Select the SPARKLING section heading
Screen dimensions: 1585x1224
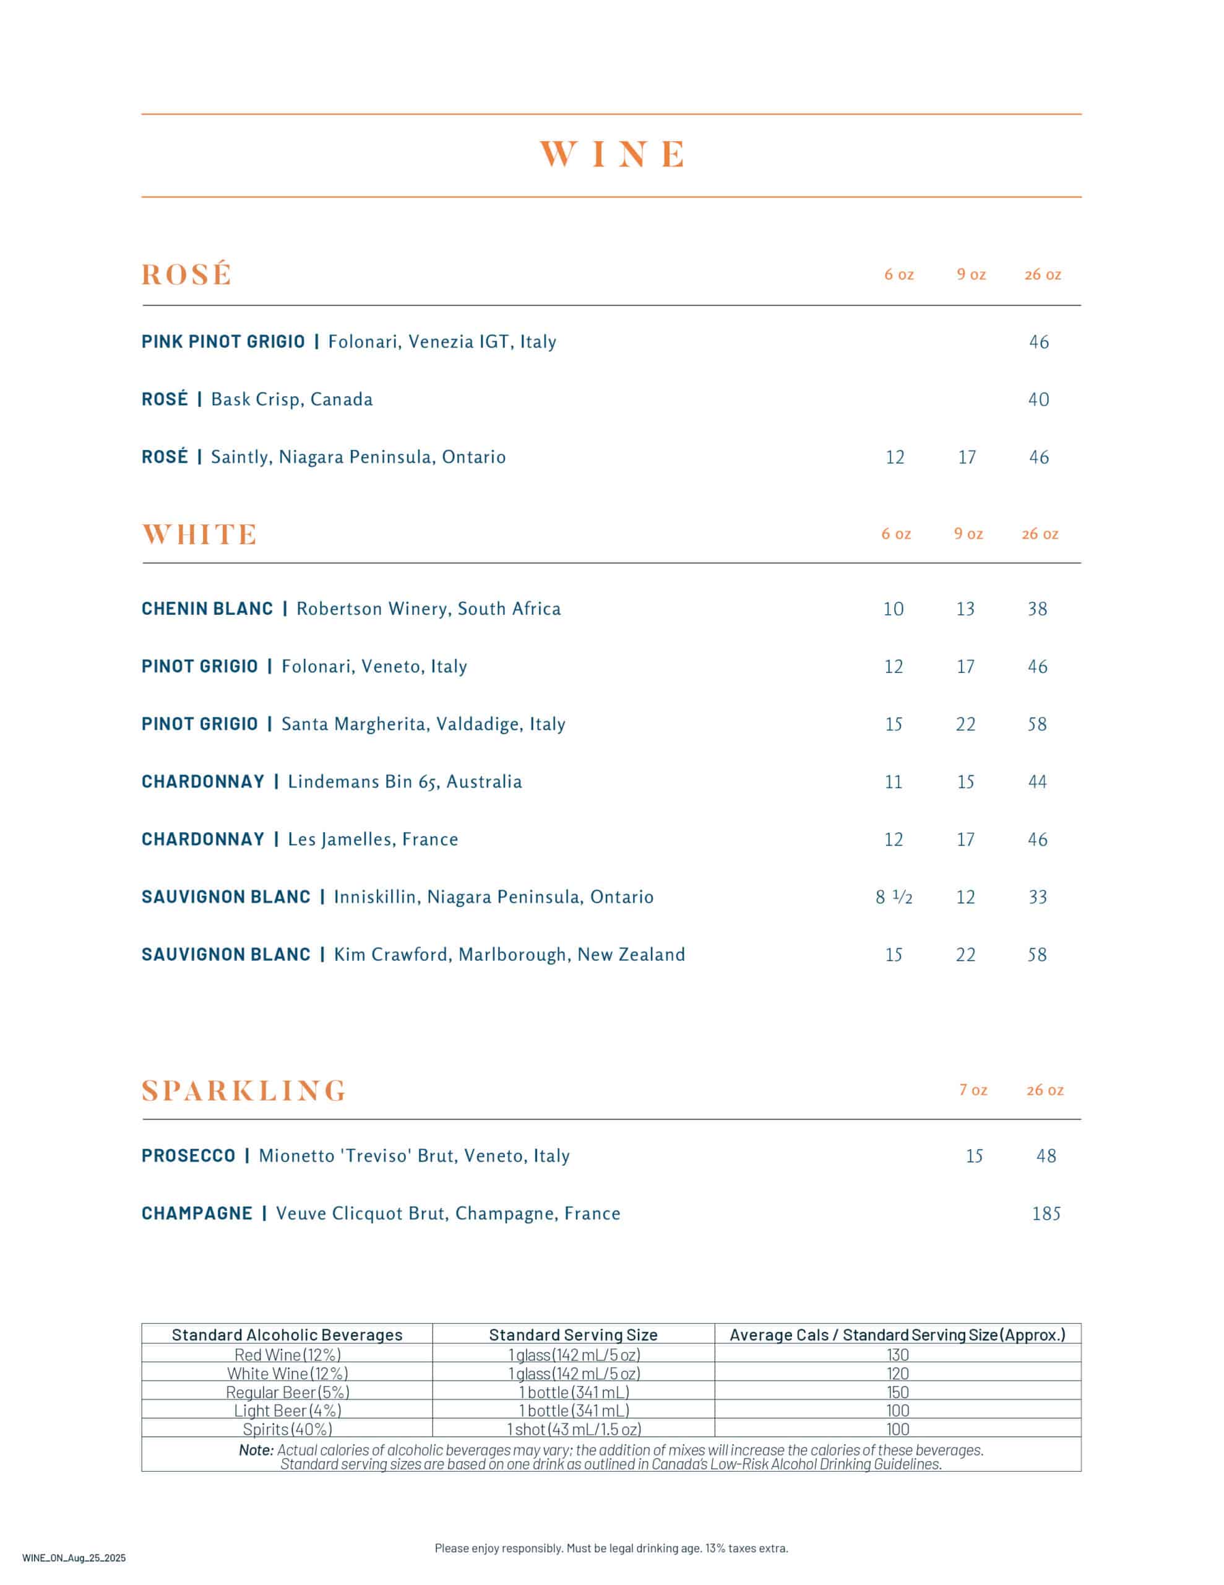tap(244, 1090)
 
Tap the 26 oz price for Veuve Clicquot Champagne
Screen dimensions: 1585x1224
tap(1046, 1214)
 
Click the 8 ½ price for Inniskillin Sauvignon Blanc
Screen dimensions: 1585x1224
tap(893, 897)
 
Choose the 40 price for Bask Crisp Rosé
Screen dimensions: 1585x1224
tap(1038, 399)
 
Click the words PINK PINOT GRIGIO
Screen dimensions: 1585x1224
tap(223, 341)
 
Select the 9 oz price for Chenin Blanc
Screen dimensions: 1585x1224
tap(965, 609)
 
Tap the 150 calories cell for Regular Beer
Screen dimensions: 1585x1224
tap(897, 1392)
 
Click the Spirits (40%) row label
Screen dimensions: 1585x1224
tap(287, 1429)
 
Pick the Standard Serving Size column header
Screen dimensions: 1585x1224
tap(573, 1335)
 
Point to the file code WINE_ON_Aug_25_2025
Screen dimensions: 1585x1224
tap(74, 1557)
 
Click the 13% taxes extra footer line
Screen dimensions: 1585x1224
tap(611, 1548)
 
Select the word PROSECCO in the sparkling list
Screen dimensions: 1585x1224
tap(188, 1155)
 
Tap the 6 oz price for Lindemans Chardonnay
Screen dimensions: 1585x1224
tap(893, 781)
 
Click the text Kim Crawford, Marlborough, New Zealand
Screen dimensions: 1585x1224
tap(509, 954)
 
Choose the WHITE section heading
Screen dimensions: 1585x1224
tap(199, 534)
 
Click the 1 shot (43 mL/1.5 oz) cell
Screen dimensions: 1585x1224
tap(573, 1429)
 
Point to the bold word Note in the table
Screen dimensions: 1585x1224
tap(256, 1450)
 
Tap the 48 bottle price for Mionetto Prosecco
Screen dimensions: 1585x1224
tap(1046, 1155)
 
